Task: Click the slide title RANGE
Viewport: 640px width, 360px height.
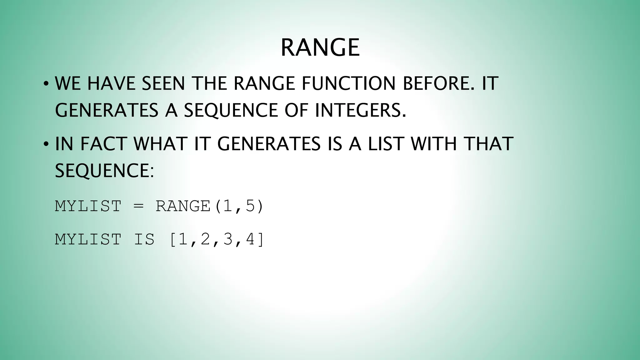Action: [320, 47]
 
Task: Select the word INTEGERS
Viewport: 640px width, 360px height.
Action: [360, 110]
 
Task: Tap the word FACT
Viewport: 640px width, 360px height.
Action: [103, 144]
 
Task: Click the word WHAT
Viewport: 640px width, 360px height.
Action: [160, 144]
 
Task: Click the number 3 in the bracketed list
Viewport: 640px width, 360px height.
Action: [228, 240]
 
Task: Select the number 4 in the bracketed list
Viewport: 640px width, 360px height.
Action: [251, 240]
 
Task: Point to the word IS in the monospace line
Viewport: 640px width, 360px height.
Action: [144, 240]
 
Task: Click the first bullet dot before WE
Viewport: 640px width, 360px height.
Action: [46, 84]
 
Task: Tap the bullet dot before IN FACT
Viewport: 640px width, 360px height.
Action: [46, 144]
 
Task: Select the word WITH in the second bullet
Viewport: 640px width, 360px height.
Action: [433, 144]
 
